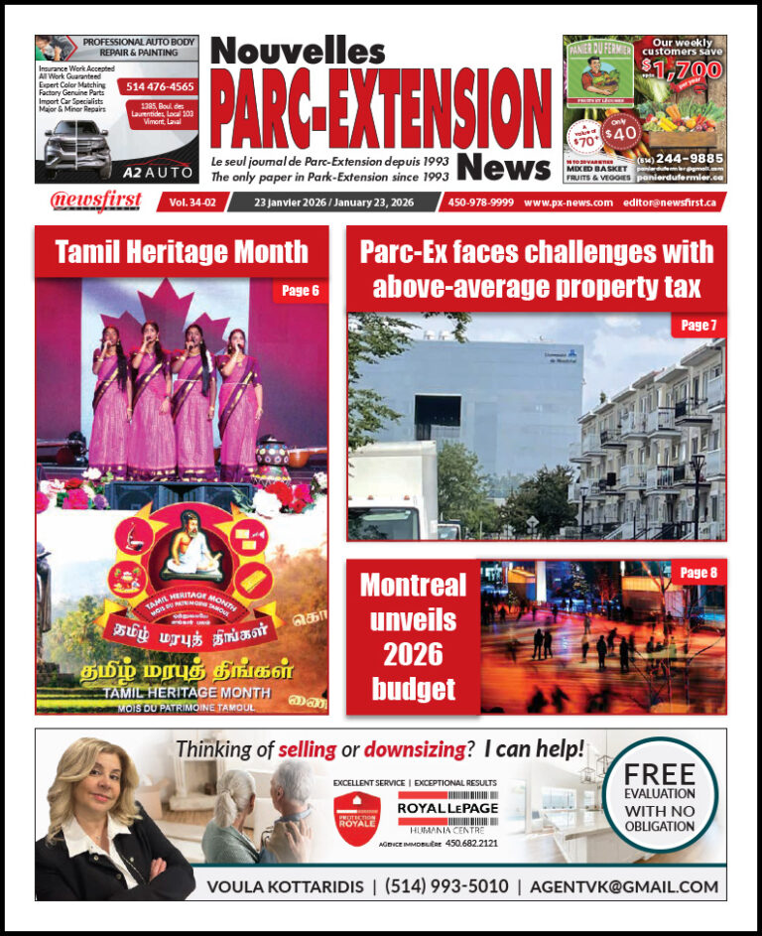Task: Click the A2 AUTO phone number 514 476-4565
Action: click(160, 87)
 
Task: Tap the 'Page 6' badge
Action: click(301, 291)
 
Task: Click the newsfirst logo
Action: click(96, 201)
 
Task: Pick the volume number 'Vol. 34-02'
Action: click(190, 201)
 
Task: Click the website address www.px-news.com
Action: click(566, 201)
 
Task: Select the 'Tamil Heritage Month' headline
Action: click(182, 252)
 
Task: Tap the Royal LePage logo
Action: click(446, 807)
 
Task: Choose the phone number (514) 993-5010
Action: click(446, 885)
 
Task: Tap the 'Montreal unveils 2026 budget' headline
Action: click(413, 637)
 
